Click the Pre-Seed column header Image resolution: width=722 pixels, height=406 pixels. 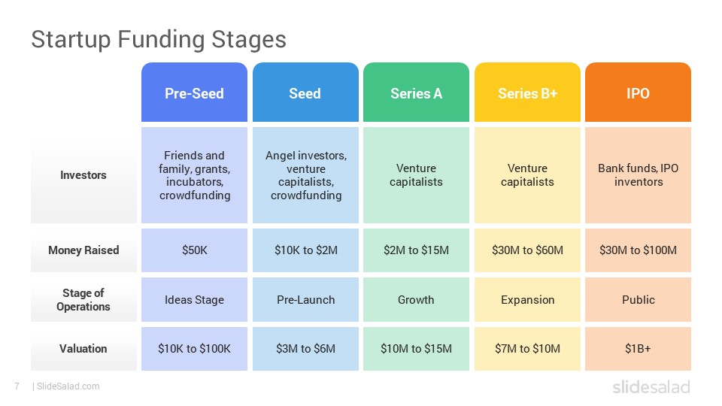[x=194, y=92]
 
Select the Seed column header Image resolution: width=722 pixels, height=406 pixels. [x=305, y=92]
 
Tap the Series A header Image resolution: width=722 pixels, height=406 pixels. [x=416, y=92]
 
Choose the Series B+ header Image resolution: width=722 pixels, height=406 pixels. [x=527, y=92]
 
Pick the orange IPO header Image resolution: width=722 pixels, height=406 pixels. [x=639, y=92]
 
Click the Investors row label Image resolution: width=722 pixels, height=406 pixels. [x=83, y=175]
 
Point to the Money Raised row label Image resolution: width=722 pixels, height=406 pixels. [x=83, y=250]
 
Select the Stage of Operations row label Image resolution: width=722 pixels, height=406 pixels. [x=83, y=300]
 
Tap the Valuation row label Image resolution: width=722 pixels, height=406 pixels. [x=83, y=349]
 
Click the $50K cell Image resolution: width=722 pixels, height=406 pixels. [x=194, y=250]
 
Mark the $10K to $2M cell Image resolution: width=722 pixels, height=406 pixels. [x=305, y=250]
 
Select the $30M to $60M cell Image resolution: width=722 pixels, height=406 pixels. [x=527, y=250]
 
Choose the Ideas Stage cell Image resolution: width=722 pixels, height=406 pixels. [x=194, y=300]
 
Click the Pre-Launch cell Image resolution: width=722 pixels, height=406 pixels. [x=305, y=300]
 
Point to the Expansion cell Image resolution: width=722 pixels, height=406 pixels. [x=527, y=300]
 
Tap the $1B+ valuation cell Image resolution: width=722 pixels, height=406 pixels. [x=639, y=349]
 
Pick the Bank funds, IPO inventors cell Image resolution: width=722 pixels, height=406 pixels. [x=639, y=175]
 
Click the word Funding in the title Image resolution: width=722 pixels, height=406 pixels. [x=161, y=40]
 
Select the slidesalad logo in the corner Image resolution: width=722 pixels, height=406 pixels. [x=651, y=386]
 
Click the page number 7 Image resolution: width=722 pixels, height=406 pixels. [x=17, y=386]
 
